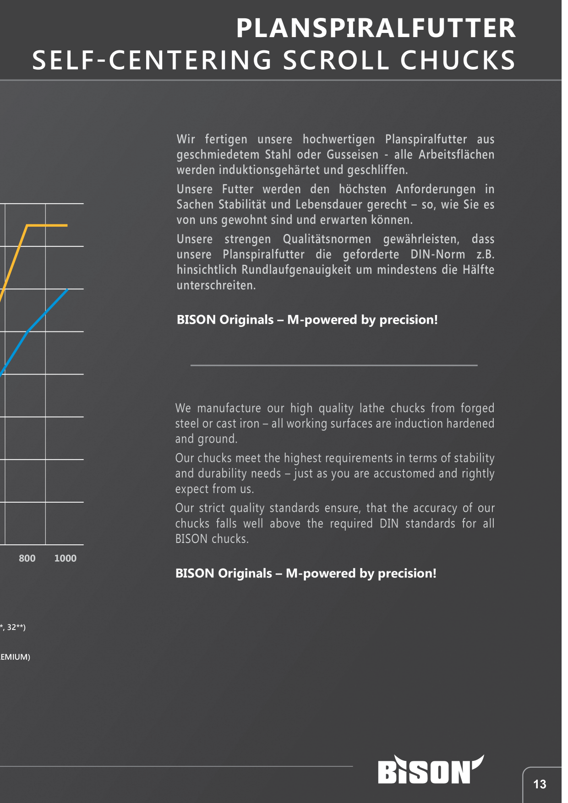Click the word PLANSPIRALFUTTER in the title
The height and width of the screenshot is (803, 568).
click(376, 28)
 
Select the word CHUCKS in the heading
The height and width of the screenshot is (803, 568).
click(458, 60)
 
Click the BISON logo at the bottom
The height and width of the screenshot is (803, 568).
click(431, 770)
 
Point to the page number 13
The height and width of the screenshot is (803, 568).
click(540, 784)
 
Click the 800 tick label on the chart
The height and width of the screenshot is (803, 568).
click(27, 558)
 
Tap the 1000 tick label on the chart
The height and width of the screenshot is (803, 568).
click(66, 558)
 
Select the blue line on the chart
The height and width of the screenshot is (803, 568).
click(28, 331)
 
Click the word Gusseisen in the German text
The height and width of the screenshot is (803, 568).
click(353, 155)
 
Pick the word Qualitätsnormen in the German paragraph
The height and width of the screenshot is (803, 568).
click(327, 239)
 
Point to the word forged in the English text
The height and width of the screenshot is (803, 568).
click(477, 408)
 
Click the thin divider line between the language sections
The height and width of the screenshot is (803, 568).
click(334, 365)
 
